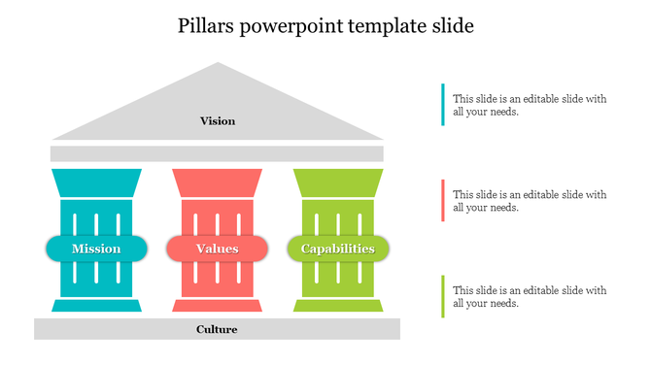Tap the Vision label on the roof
pyautogui.click(x=218, y=121)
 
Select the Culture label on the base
pyautogui.click(x=217, y=329)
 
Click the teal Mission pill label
pyautogui.click(x=96, y=249)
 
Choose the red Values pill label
pyautogui.click(x=217, y=249)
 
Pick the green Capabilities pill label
pyautogui.click(x=338, y=249)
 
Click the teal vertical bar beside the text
pyautogui.click(x=443, y=105)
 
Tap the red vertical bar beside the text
pyautogui.click(x=443, y=200)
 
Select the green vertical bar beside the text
pyautogui.click(x=443, y=296)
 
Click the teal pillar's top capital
pyautogui.click(x=96, y=182)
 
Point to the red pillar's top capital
pyautogui.click(x=217, y=182)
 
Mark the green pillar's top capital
pyautogui.click(x=338, y=182)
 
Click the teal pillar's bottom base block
pyautogui.click(x=96, y=306)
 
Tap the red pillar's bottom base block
pyautogui.click(x=217, y=306)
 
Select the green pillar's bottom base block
pyautogui.click(x=338, y=306)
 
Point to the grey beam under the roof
pyautogui.click(x=217, y=153)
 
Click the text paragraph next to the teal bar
pyautogui.click(x=530, y=105)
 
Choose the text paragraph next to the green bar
pyautogui.click(x=530, y=296)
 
